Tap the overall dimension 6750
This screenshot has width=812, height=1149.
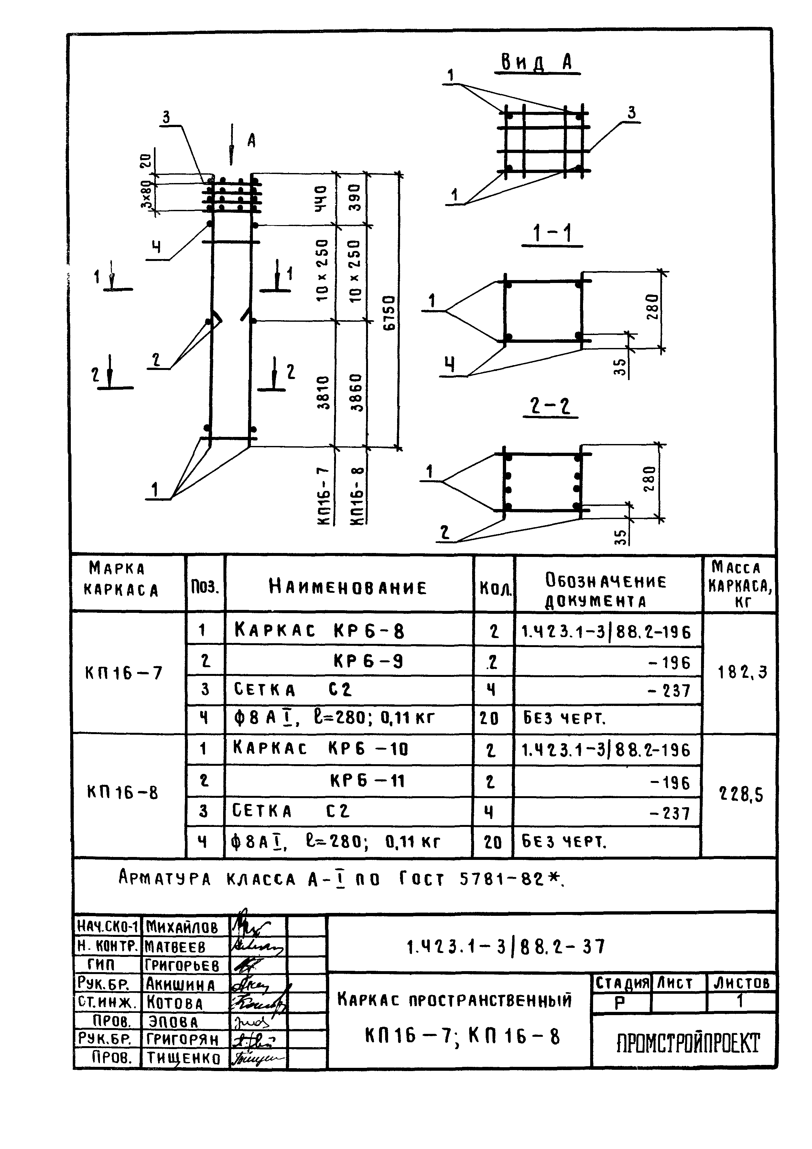click(390, 313)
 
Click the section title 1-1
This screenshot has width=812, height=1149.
click(552, 234)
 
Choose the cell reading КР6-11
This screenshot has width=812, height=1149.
click(367, 781)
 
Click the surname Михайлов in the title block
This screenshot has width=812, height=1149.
click(182, 928)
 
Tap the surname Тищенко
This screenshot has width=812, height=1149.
click(183, 1057)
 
